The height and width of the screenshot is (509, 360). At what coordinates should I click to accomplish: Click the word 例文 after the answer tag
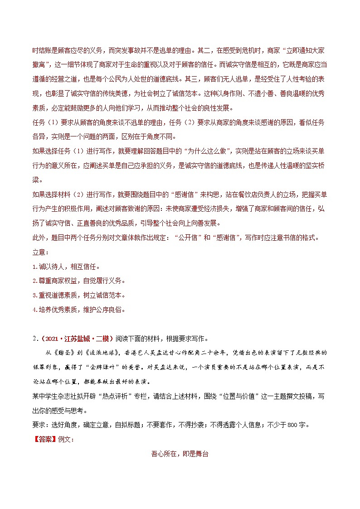tap(63, 440)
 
